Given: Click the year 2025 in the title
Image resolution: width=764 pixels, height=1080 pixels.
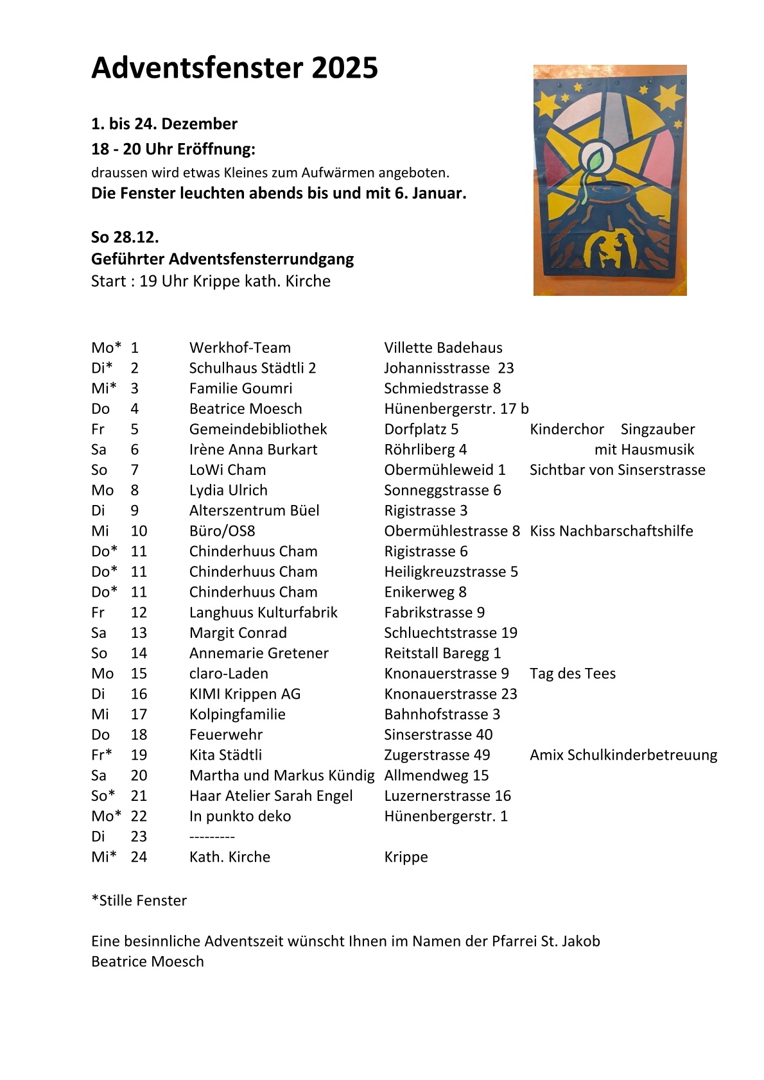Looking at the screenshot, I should [345, 68].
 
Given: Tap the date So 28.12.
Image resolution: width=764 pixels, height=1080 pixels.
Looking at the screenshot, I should [125, 237].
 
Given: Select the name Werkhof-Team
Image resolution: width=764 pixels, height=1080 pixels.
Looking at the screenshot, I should [239, 348].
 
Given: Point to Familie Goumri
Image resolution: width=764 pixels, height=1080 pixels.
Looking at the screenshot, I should [240, 389].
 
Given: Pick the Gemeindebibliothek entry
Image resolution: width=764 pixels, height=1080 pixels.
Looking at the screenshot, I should [257, 429].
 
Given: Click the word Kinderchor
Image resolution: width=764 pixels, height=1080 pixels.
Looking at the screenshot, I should [566, 429].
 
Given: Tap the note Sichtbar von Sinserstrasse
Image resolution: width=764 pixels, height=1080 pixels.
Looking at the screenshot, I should [617, 470].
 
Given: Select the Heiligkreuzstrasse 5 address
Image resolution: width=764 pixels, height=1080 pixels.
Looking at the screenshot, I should [451, 572].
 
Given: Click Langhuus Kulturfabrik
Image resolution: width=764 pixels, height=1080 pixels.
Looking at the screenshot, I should [263, 613].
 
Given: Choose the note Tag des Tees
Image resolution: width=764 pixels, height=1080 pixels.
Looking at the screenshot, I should [572, 674].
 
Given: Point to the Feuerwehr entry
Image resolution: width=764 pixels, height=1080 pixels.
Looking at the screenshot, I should [225, 735].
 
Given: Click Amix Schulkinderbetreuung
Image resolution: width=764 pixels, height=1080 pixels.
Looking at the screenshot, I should [623, 755].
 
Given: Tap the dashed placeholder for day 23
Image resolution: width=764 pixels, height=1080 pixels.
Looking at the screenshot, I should [212, 837].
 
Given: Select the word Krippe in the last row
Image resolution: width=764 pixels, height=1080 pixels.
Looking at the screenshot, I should [406, 857].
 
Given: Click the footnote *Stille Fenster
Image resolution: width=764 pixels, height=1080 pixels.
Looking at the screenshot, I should [139, 901].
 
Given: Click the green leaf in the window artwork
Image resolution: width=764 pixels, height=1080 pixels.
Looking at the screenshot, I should [595, 158].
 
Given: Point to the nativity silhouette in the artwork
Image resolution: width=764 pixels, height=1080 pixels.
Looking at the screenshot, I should [610, 252].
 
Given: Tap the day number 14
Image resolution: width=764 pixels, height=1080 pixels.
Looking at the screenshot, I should [139, 653].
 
